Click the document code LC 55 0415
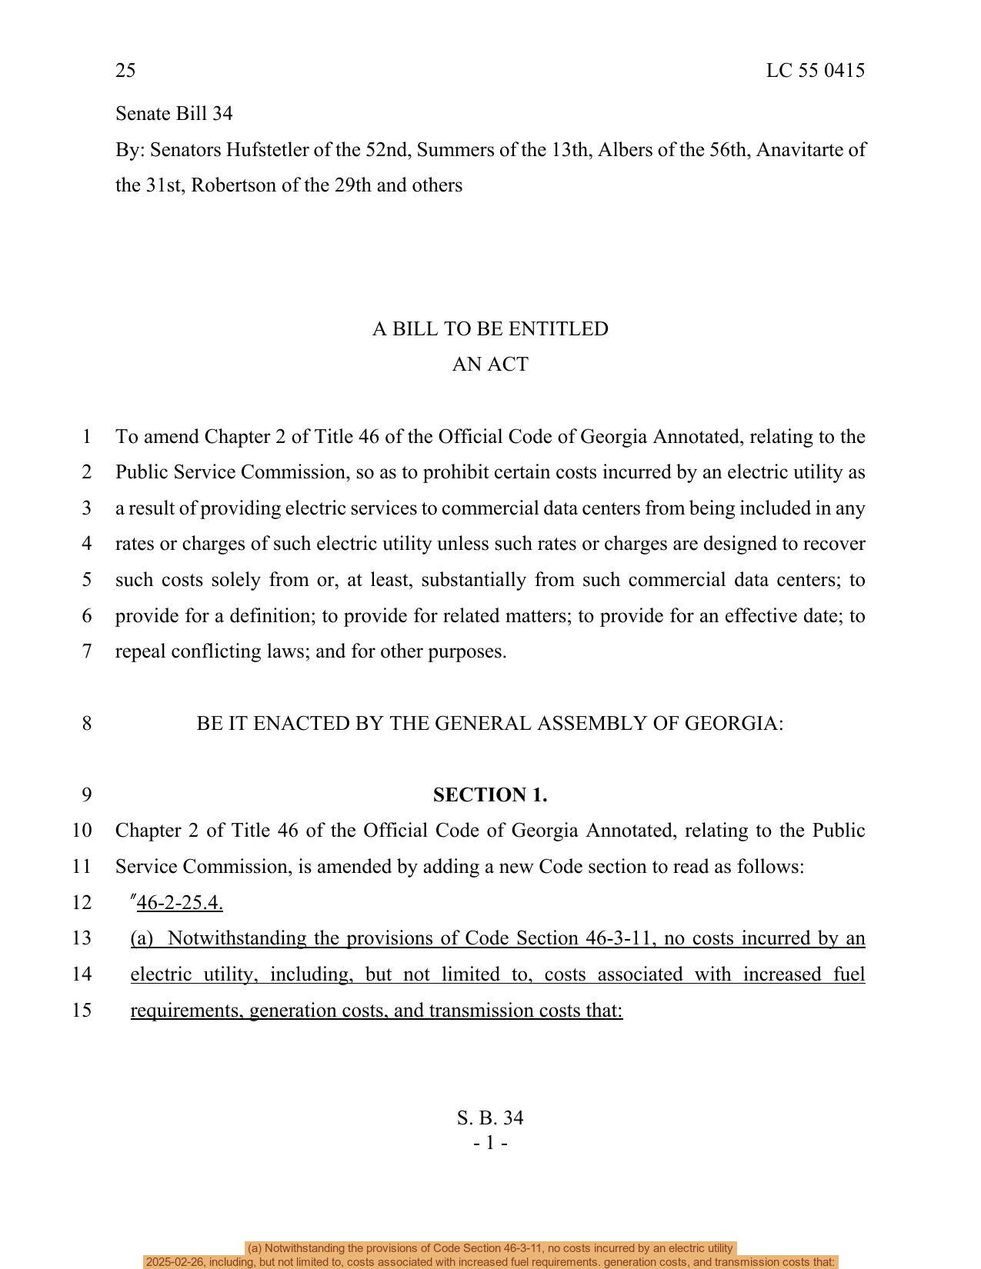[x=815, y=71]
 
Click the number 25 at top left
[x=125, y=71]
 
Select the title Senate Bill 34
[x=174, y=114]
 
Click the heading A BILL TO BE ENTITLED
[x=490, y=329]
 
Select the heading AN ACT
[x=490, y=365]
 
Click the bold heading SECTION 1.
[x=490, y=795]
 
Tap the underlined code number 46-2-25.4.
[x=179, y=903]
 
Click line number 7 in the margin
[x=86, y=651]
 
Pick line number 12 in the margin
[x=82, y=903]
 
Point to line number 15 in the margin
[x=82, y=1011]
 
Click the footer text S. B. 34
[x=490, y=1118]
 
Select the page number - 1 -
[x=490, y=1144]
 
